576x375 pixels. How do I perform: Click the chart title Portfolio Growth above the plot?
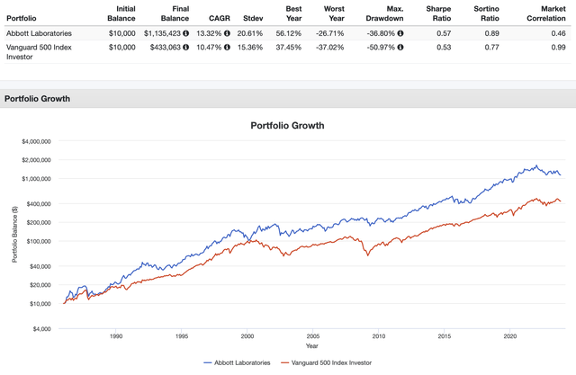point(287,125)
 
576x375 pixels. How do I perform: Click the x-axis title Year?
point(311,346)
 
